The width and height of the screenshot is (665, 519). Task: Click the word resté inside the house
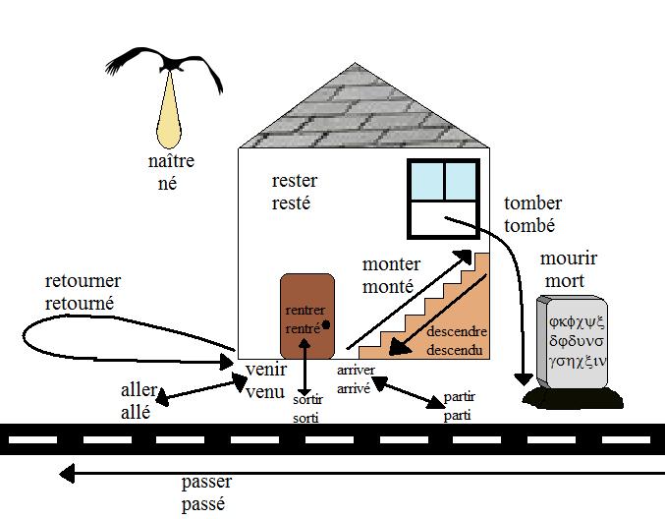tap(291, 204)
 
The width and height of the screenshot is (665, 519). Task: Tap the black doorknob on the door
tap(325, 324)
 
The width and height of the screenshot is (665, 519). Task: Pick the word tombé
tap(530, 225)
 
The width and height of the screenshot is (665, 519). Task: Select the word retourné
tap(80, 304)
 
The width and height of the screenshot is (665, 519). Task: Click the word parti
tap(457, 415)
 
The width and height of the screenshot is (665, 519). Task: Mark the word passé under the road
tap(204, 503)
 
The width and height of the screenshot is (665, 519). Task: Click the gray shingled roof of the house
tap(362, 114)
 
